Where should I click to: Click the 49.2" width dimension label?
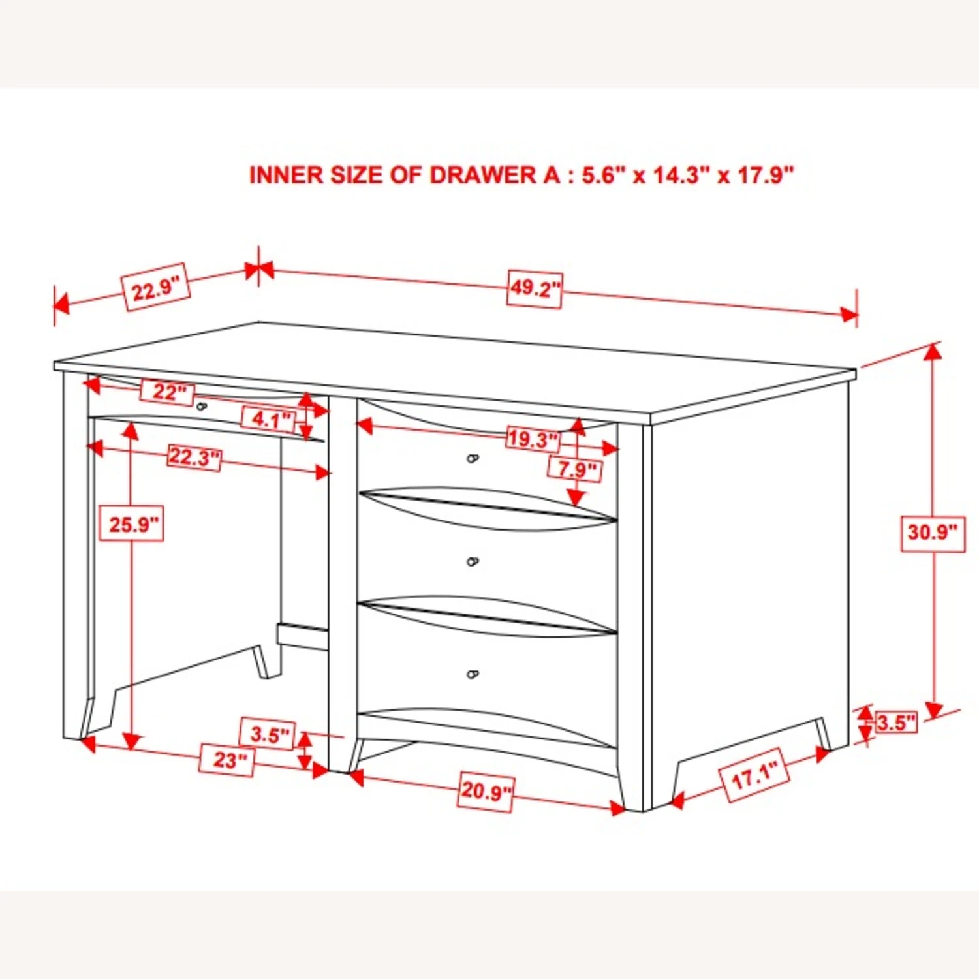(x=534, y=289)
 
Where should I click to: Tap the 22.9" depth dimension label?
(x=156, y=287)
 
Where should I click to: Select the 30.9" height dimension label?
(x=933, y=533)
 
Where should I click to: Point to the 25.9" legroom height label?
(x=131, y=523)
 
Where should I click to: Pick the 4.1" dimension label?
(x=269, y=418)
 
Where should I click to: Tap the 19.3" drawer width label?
(x=533, y=439)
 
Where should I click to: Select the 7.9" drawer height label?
(x=576, y=469)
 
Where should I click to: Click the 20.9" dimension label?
(x=486, y=791)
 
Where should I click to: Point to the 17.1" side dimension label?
(x=754, y=775)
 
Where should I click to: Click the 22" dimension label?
(x=168, y=392)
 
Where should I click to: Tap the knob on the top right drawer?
(x=473, y=459)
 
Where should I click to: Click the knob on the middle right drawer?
(x=473, y=562)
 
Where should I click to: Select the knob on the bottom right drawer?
(x=473, y=674)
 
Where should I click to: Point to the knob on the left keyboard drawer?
(x=202, y=407)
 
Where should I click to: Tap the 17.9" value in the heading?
(x=766, y=175)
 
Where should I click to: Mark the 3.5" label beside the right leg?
(x=896, y=723)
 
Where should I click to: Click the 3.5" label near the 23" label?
(x=268, y=734)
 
